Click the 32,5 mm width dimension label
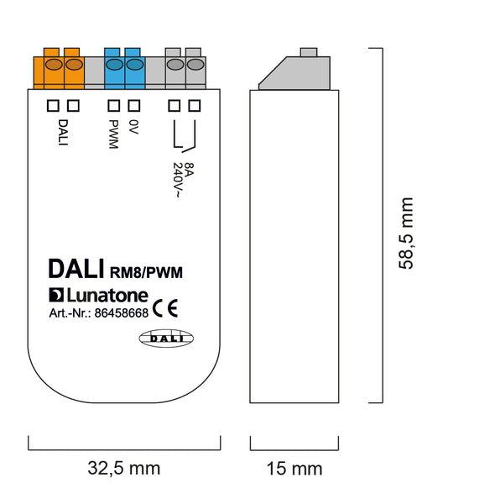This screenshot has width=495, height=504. coord(124,469)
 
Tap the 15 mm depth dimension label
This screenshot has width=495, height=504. coord(294,469)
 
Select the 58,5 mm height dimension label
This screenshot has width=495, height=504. coord(405,234)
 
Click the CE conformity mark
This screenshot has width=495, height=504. coord(165,308)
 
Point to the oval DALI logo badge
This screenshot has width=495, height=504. coord(166,339)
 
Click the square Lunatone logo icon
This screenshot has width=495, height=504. coord(56,295)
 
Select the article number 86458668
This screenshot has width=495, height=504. coord(122,313)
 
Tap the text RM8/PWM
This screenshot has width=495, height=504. coord(146,272)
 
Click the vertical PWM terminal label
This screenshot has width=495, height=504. coord(113,134)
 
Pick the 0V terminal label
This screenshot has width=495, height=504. coord(133,127)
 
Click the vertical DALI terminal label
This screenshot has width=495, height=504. coord(63,133)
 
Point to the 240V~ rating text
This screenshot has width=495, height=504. coord(178,180)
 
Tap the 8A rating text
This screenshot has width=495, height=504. coord(190,170)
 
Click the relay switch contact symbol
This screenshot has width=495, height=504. coord(185,136)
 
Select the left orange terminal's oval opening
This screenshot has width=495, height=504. coord(54,65)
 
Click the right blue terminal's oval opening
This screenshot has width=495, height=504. coord(135,65)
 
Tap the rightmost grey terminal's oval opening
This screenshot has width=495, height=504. coord(195,65)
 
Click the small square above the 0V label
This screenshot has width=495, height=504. coord(134,106)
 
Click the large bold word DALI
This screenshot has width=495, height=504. coord(76,269)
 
